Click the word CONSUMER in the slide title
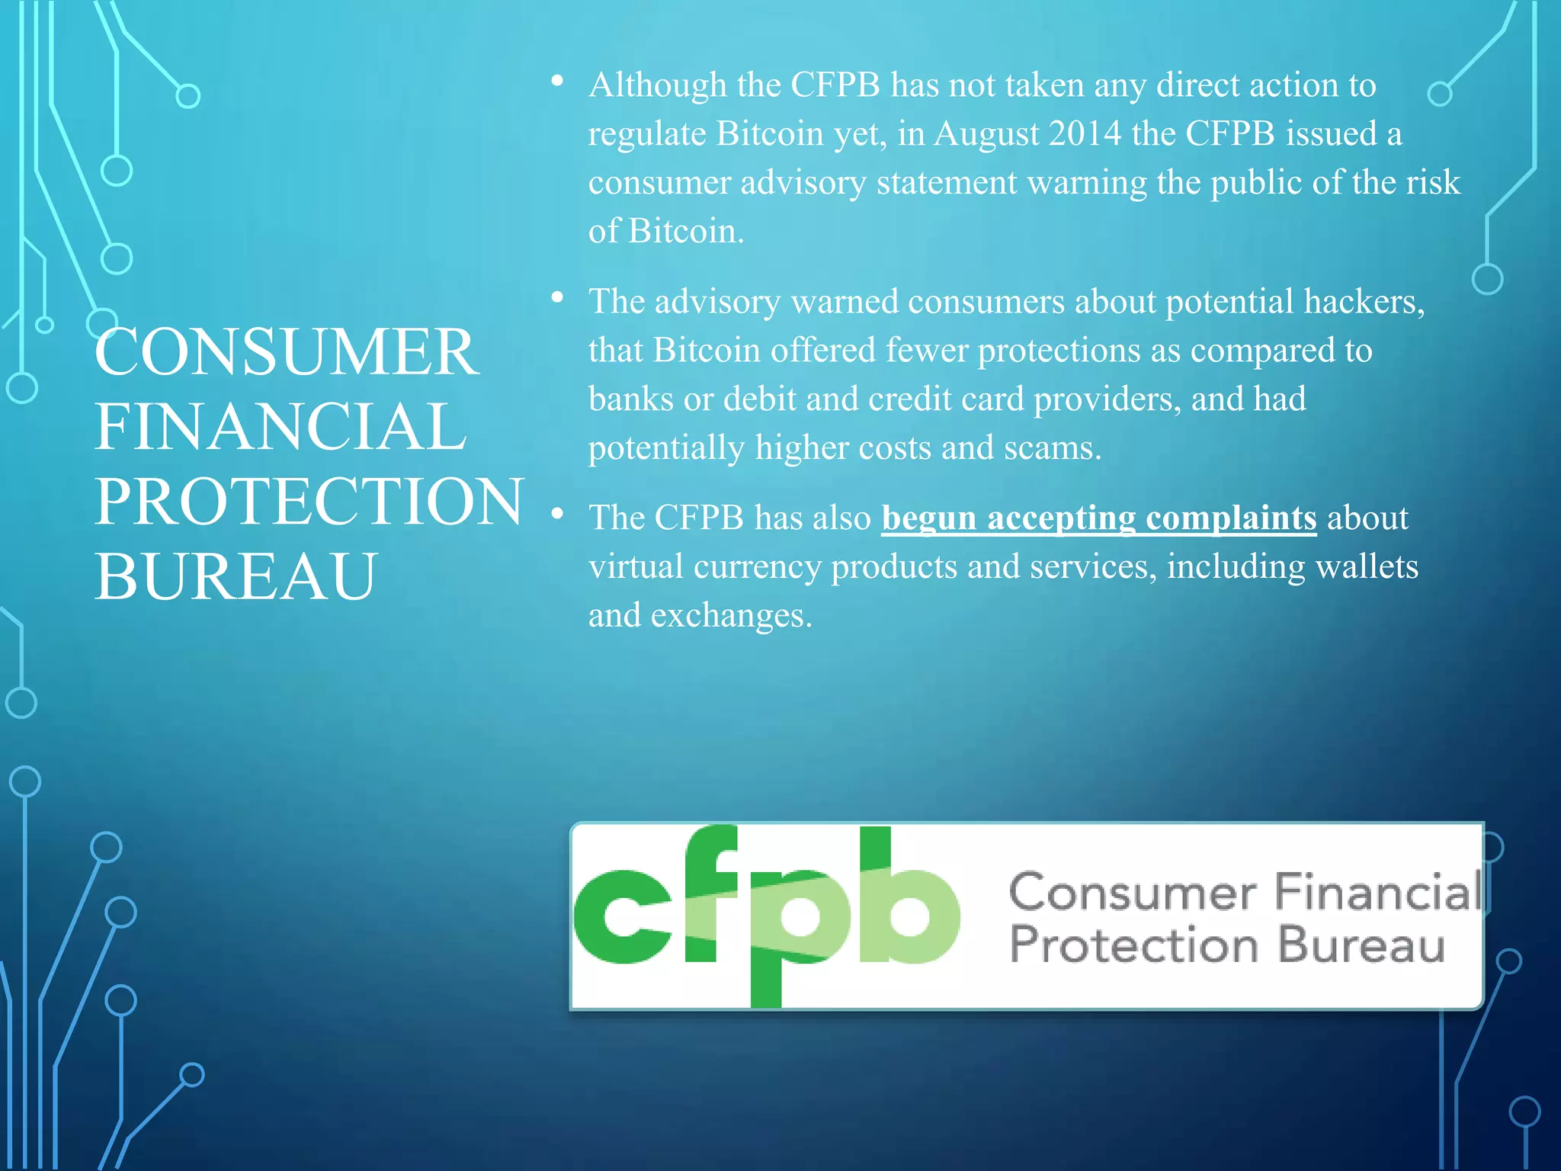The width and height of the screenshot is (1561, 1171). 287,351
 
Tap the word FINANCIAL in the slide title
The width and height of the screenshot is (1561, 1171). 280,426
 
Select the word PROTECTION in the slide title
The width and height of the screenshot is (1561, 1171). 309,501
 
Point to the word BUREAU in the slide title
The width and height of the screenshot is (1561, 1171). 236,576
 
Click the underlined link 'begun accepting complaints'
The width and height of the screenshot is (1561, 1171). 1098,518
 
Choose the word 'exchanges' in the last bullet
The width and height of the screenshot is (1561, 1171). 731,616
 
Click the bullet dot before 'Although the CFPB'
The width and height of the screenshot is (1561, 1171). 557,81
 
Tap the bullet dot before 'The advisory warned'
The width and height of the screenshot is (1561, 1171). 557,297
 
